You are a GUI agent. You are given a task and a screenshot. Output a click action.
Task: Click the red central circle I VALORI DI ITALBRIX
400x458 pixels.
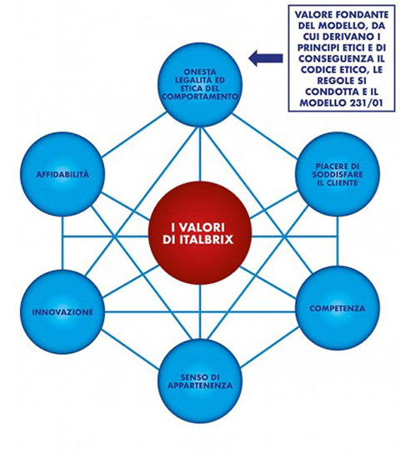point(200,233)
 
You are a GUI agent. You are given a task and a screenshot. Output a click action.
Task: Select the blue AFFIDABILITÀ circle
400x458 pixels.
point(62,174)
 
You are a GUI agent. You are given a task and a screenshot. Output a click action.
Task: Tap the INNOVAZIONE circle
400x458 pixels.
point(62,312)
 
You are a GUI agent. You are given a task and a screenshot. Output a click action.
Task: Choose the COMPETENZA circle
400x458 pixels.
point(337,308)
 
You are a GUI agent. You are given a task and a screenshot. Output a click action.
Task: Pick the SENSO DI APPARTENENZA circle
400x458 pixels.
point(200,381)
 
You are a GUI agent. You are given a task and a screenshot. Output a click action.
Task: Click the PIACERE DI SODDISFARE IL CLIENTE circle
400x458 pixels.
point(337,174)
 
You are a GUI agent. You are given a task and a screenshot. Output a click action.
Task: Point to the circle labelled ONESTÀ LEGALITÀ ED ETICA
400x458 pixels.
point(200,84)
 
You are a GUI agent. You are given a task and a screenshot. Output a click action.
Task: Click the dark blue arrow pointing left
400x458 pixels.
point(266,58)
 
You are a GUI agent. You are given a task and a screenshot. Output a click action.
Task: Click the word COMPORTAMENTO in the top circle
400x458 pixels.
point(200,97)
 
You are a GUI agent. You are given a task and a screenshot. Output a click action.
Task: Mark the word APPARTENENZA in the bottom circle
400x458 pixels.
point(200,386)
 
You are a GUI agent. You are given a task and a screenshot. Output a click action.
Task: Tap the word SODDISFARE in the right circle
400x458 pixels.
point(337,175)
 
